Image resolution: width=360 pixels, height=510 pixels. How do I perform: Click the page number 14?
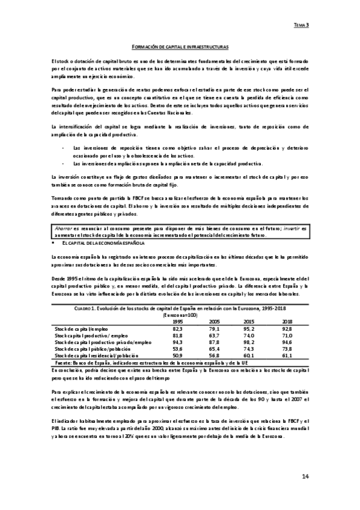tap(305, 476)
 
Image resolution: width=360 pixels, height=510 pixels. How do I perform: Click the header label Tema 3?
tap(301, 25)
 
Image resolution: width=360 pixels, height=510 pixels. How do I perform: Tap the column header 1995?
tap(178, 321)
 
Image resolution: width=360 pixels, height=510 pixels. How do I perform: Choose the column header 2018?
tap(287, 321)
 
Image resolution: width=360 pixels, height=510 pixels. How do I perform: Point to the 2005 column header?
tap(214, 321)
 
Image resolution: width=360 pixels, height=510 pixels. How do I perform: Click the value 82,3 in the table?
tap(178, 328)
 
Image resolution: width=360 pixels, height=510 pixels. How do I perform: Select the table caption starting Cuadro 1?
tap(179, 309)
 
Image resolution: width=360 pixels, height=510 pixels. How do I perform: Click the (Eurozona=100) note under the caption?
tap(180, 315)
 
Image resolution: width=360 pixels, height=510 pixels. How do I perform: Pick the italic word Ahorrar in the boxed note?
tap(63, 229)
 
